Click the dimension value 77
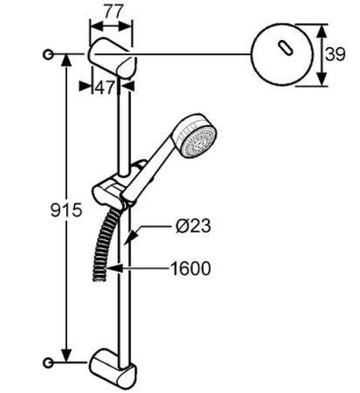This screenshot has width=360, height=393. [x=110, y=11]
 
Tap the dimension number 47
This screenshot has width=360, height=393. [x=106, y=86]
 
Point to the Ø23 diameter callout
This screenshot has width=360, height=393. [x=193, y=226]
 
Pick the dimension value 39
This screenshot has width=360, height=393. [x=335, y=54]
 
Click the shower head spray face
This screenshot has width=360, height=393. [x=200, y=141]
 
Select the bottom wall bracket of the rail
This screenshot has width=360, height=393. [x=113, y=368]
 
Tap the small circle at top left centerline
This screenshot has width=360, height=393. [x=47, y=54]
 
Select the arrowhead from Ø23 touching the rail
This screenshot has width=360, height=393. [x=128, y=238]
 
